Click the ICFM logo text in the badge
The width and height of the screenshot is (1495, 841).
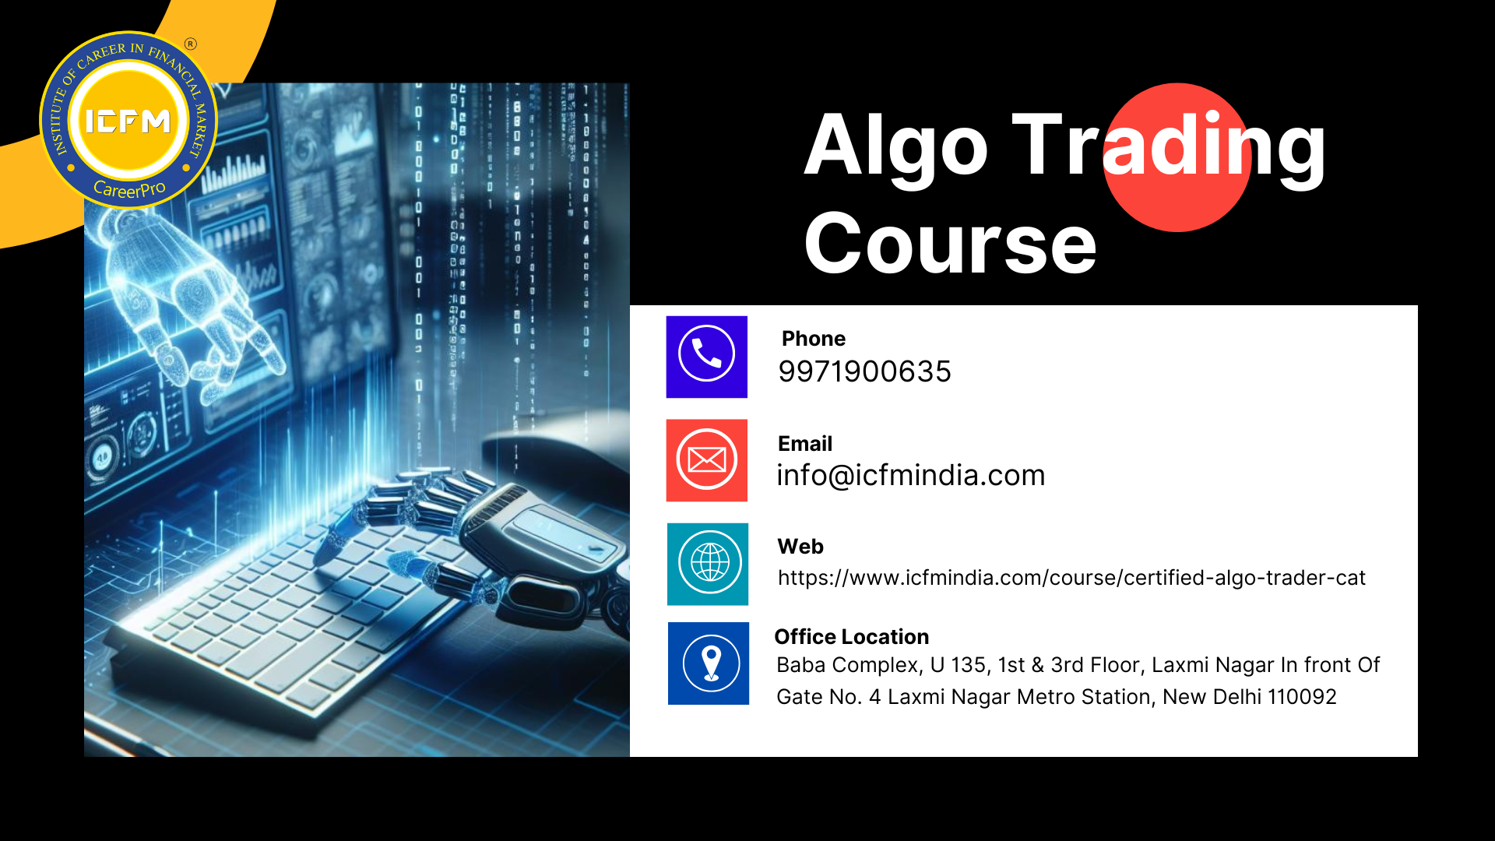[x=128, y=121]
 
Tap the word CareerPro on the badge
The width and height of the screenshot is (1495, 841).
[x=129, y=189]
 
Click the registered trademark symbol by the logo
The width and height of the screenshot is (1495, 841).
[x=191, y=44]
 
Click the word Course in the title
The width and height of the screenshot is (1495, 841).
[x=950, y=244]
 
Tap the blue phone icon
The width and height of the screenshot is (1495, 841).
[x=706, y=357]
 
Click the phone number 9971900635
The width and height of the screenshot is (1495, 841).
[x=864, y=371]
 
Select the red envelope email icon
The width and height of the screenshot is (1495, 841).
[x=706, y=460]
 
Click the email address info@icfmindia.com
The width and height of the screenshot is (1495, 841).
[x=911, y=475]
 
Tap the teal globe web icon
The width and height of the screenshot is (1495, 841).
[x=708, y=564]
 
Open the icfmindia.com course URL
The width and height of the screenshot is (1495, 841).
[x=1071, y=578]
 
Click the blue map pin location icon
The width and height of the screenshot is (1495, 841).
[x=709, y=663]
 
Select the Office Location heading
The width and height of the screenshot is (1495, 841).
[x=851, y=637]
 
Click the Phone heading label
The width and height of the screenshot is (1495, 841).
[x=814, y=339]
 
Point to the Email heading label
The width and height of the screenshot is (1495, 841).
[x=805, y=444]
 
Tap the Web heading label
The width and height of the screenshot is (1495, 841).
[x=800, y=547]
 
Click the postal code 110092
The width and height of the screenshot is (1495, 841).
[x=1302, y=697]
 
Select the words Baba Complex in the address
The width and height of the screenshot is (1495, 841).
[x=849, y=666]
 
